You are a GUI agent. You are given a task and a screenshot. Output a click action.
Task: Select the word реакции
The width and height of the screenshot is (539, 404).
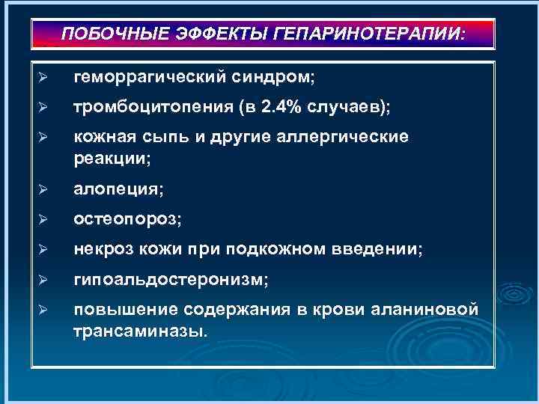coord(111,159)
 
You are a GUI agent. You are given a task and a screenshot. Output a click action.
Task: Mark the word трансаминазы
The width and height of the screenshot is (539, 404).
coord(137,331)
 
